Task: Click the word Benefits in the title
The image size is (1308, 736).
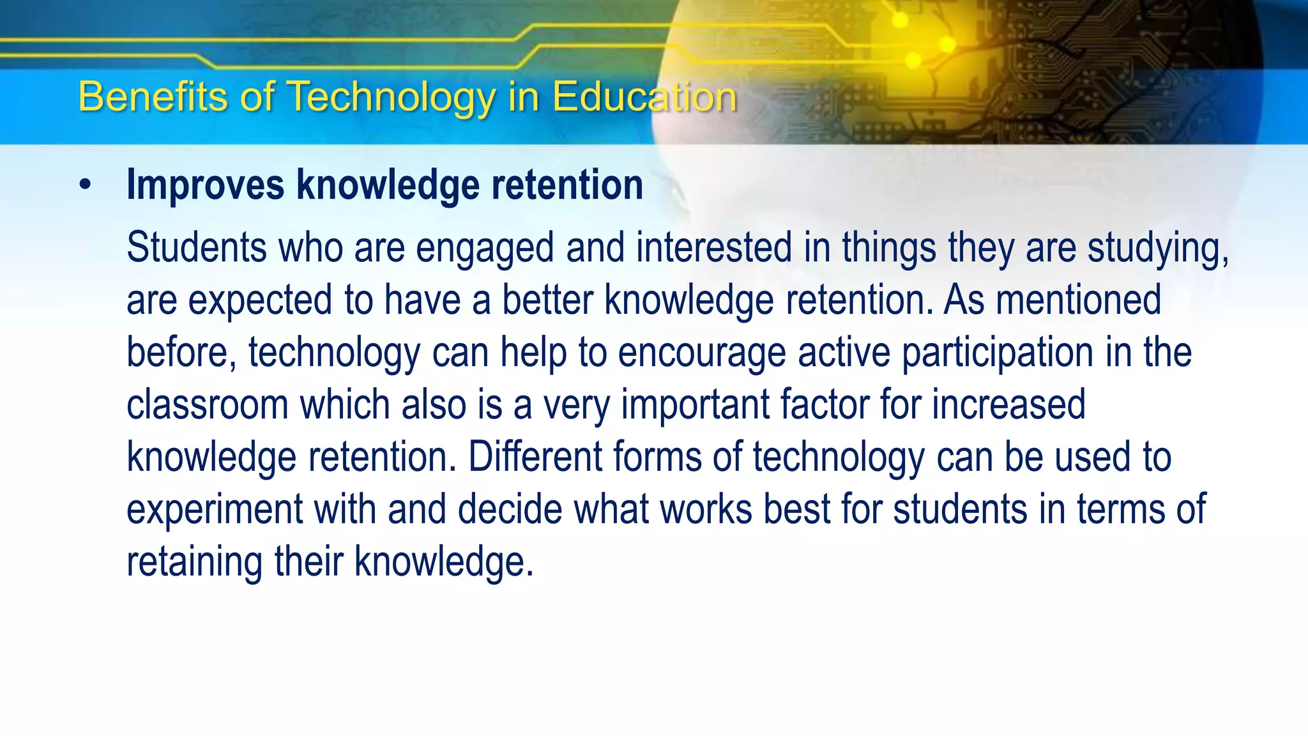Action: pyautogui.click(x=153, y=97)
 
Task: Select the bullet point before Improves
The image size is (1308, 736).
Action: pyautogui.click(x=86, y=185)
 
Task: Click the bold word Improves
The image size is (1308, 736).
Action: pyautogui.click(x=205, y=185)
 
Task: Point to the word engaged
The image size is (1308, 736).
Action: pyautogui.click(x=485, y=248)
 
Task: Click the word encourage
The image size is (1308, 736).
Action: pyautogui.click(x=701, y=353)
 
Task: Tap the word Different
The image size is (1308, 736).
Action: pyautogui.click(x=535, y=457)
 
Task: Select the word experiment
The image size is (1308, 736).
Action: pyautogui.click(x=214, y=510)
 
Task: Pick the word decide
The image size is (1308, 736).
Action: pyautogui.click(x=510, y=510)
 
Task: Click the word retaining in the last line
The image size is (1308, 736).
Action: pyautogui.click(x=195, y=562)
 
